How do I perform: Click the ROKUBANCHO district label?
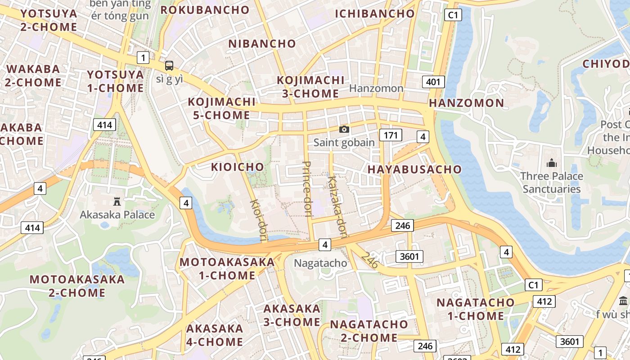point(205,10)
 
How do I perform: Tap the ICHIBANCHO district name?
point(374,13)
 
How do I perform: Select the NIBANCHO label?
point(262,44)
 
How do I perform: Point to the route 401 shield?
point(433,82)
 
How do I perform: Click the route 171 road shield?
point(390,135)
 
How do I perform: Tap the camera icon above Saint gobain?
point(344,130)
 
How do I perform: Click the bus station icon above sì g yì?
point(169,66)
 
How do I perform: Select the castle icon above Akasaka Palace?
point(117,201)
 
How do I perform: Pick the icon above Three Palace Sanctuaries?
point(551,163)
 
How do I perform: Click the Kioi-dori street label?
point(259,220)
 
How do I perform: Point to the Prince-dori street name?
point(307,189)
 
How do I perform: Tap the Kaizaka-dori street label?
point(338,207)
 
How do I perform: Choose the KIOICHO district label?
point(238,167)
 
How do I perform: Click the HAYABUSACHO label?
point(414,169)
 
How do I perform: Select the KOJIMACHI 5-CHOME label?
point(221,108)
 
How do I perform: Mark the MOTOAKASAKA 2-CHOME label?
point(77,286)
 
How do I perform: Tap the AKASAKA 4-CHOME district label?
point(215,335)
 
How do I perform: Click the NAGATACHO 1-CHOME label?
point(475,309)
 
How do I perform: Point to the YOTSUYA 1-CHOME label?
point(115,81)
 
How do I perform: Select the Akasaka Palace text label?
point(117,215)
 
